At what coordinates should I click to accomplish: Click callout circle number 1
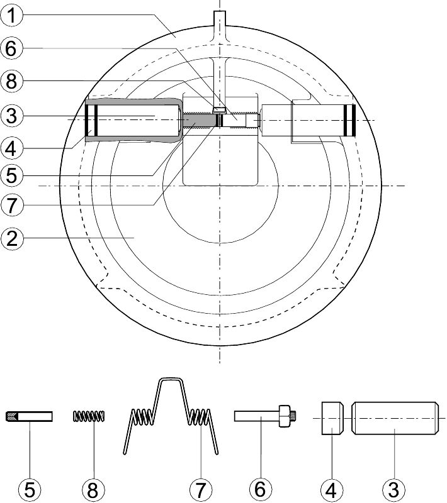[x=11, y=15]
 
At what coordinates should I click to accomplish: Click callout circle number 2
[x=12, y=238]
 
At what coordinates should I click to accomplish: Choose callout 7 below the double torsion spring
[x=200, y=490]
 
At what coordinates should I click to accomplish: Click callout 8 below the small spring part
[x=93, y=490]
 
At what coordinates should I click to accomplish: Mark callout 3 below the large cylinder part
[x=394, y=490]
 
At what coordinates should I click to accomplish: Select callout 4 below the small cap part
[x=331, y=490]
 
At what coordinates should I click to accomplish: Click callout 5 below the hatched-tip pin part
[x=30, y=490]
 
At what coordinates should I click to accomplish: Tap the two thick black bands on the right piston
[x=349, y=119]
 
